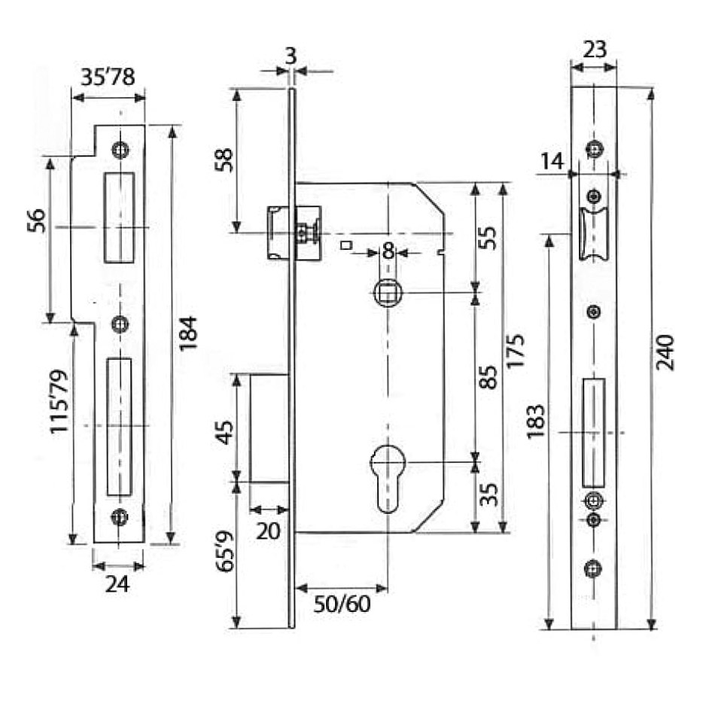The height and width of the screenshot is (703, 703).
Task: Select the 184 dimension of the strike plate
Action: [x=188, y=333]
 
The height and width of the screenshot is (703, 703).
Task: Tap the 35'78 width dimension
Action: [x=108, y=78]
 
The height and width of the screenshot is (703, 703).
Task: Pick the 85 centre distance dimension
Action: [x=488, y=376]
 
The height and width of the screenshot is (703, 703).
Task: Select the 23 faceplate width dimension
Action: [x=594, y=50]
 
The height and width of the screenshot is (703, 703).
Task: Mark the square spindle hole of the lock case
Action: [x=388, y=293]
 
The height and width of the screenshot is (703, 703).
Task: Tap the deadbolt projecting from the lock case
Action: [x=269, y=428]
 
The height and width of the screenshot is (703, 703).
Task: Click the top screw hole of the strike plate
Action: [x=119, y=149]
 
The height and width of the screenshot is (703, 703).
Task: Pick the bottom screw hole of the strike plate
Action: [x=119, y=517]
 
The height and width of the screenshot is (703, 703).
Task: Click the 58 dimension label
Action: [x=224, y=160]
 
